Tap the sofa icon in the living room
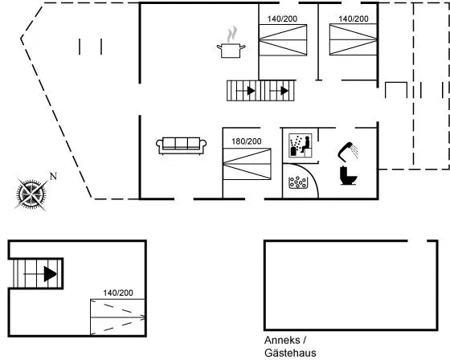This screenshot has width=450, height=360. click(x=181, y=145)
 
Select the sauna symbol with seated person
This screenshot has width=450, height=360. click(x=301, y=145)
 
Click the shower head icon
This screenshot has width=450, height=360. click(x=348, y=152)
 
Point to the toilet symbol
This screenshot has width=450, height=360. click(x=349, y=176)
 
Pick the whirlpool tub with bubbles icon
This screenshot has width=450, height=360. click(x=298, y=182)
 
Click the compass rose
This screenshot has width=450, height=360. click(x=31, y=194)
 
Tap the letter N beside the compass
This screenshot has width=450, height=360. click(x=53, y=176)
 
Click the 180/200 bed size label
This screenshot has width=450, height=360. click(x=247, y=141)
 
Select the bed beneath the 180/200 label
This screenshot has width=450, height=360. click(x=247, y=164)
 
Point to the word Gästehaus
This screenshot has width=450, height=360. click(x=290, y=353)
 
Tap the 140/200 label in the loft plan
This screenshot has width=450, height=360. click(x=118, y=292)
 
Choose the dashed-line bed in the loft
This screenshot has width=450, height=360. click(x=117, y=317)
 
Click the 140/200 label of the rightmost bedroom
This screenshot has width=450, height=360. click(x=354, y=18)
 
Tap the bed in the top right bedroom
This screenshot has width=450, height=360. click(x=353, y=39)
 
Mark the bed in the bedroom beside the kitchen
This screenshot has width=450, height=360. click(x=283, y=40)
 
